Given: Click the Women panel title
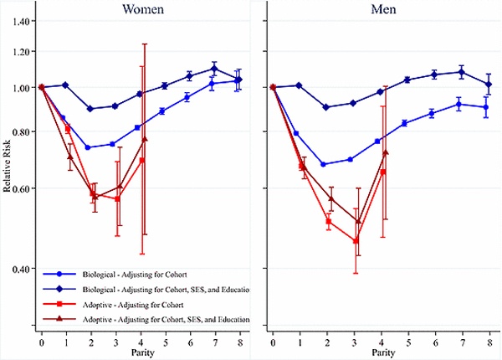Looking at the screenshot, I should (143, 9).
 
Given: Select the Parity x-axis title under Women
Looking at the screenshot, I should (142, 352).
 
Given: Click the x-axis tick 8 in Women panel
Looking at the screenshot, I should (241, 342).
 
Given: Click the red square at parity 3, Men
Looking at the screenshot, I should (356, 241).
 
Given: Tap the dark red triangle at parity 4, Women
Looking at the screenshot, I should (144, 140).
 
